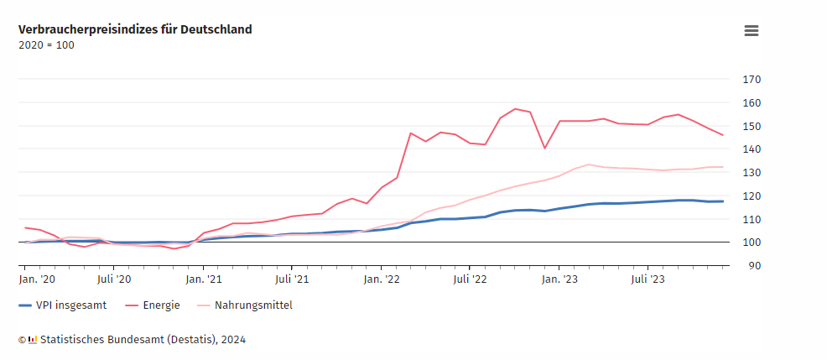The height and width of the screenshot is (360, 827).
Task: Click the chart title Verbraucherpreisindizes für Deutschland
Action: [x=135, y=29]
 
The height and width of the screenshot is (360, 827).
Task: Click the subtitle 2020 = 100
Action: [x=46, y=45]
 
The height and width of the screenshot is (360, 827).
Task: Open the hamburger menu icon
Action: [x=751, y=31]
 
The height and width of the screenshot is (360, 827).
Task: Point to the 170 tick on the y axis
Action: [x=751, y=80]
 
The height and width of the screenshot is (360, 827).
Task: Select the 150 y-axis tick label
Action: [x=751, y=126]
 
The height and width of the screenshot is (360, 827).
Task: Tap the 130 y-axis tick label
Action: [x=751, y=173]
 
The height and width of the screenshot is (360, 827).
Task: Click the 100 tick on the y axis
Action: [x=751, y=243]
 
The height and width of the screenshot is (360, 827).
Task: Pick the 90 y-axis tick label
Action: [x=753, y=266]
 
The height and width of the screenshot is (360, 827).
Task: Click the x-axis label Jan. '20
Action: [x=37, y=279]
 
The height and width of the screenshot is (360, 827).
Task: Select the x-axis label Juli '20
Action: [x=114, y=279]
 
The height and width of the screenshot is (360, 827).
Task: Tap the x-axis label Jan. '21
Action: [x=203, y=279]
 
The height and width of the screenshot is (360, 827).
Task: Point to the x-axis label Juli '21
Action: [x=292, y=279]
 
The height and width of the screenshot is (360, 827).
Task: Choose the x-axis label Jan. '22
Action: [x=381, y=279]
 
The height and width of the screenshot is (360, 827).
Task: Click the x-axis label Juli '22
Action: [x=470, y=279]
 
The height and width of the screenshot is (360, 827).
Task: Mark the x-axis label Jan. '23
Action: [x=559, y=279]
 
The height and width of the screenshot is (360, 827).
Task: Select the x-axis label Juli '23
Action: [x=648, y=279]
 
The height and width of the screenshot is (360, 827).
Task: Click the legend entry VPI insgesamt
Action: [x=71, y=305]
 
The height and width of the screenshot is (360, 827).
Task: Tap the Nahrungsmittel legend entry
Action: [x=252, y=305]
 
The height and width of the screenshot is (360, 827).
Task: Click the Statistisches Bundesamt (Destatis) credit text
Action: [x=138, y=340]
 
